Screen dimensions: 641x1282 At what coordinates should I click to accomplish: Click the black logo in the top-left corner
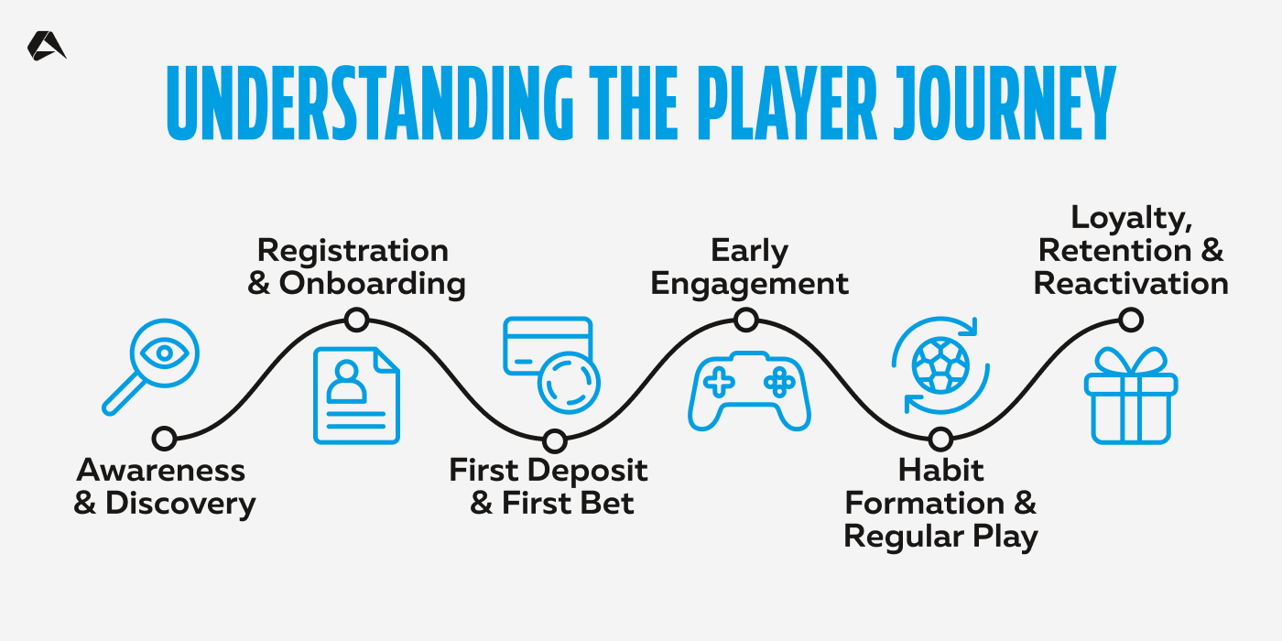(46, 46)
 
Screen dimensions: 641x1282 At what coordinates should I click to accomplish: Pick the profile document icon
(356, 395)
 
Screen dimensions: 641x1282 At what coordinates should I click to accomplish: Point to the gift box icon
(1131, 397)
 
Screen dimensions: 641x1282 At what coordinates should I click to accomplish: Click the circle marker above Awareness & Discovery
(165, 439)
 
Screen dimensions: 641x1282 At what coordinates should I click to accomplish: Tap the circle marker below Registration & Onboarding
(356, 320)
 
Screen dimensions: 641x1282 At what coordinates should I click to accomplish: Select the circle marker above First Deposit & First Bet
(552, 440)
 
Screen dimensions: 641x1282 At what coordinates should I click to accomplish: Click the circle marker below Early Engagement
(746, 320)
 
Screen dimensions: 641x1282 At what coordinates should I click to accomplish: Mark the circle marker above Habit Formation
(940, 440)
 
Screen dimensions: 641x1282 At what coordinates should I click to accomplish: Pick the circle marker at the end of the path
(1132, 320)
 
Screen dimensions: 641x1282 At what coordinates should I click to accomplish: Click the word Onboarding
(372, 284)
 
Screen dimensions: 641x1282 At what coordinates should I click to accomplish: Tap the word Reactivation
(1131, 284)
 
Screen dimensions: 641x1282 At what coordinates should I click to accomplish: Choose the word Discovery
(179, 504)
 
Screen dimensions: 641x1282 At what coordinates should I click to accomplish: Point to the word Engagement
(749, 284)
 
